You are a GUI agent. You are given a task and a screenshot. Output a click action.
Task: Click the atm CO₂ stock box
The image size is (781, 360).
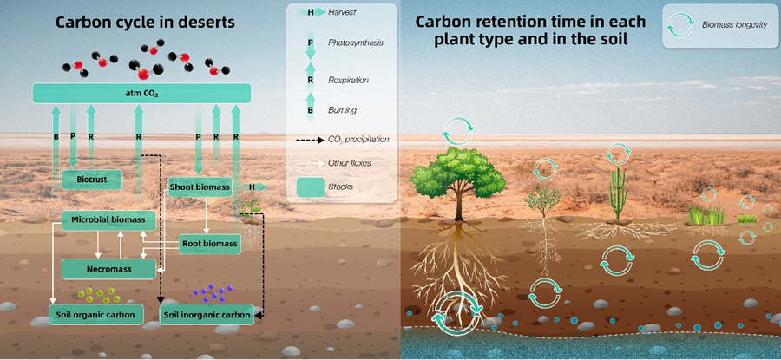pos(141,92)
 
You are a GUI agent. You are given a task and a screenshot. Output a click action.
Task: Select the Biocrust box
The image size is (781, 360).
pos(91,180)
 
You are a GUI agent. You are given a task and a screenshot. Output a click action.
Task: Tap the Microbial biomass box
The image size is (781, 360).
pos(102,221)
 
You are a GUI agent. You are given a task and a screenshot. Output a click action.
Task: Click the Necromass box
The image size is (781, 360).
pos(108,269)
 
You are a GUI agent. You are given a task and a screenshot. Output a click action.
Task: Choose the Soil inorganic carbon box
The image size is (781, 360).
pos(207,314)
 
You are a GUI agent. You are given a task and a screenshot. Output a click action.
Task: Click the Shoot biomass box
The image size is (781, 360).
pos(200,187)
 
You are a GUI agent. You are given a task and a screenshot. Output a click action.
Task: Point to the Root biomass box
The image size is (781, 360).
pos(209,244)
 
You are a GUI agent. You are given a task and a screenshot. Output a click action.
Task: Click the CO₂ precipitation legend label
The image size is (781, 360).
pos(358,139)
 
